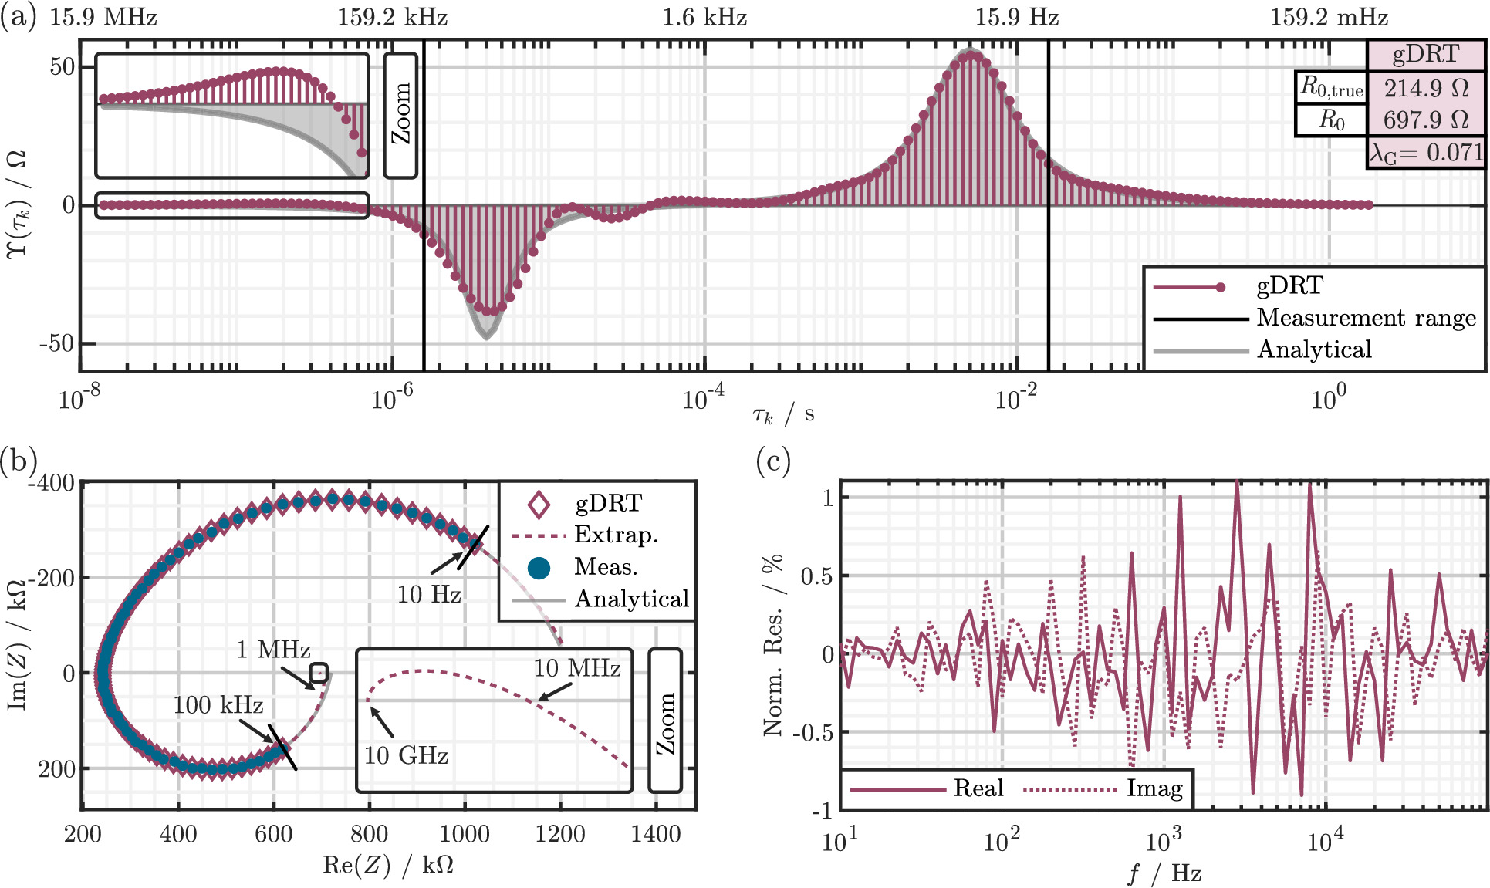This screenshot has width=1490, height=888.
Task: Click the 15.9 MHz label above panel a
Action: [x=103, y=17]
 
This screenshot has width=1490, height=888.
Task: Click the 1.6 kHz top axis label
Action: [x=704, y=17]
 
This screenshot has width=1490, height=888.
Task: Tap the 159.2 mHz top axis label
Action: [x=1329, y=17]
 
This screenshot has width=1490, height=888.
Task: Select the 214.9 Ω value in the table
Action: [x=1425, y=88]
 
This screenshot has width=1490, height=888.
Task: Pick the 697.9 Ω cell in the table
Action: [x=1425, y=120]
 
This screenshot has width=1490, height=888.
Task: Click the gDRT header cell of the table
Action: [x=1425, y=54]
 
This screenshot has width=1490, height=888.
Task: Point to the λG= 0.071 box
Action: [x=1425, y=153]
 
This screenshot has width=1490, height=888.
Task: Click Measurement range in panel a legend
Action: [x=1366, y=318]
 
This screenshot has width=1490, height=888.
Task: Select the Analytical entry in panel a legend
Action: [x=1314, y=350]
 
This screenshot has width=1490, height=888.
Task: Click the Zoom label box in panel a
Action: [x=400, y=115]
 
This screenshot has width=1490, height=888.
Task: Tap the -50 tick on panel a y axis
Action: [x=58, y=343]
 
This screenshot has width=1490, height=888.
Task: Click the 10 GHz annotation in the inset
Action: [x=406, y=755]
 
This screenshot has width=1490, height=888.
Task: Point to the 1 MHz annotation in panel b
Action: [x=273, y=650]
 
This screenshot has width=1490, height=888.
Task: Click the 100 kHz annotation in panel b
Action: [x=218, y=704]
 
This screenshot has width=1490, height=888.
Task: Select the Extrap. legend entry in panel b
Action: [x=616, y=535]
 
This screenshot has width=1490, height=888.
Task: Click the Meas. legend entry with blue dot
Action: [x=606, y=567]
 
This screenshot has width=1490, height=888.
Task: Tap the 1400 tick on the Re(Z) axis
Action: [x=655, y=834]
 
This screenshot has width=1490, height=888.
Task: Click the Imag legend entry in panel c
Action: [x=1154, y=788]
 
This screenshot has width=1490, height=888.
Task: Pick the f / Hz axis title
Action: [x=1164, y=873]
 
